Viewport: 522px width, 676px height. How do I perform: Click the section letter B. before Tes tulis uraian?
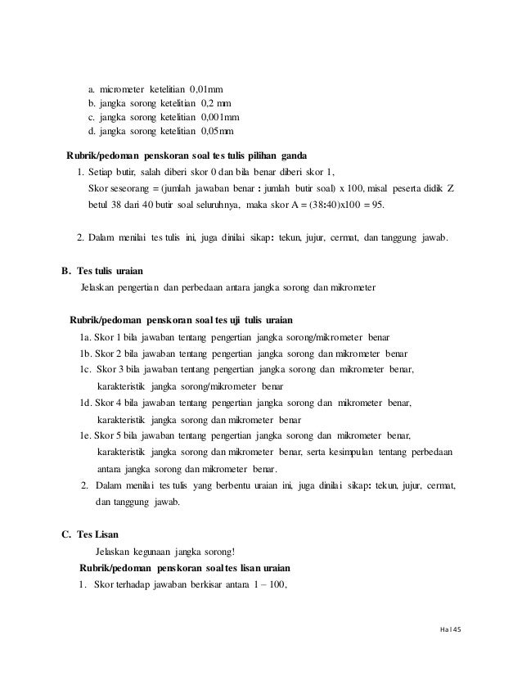[66, 269]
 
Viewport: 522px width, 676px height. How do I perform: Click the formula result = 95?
[405, 205]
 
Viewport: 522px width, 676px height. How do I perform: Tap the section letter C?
[66, 534]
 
